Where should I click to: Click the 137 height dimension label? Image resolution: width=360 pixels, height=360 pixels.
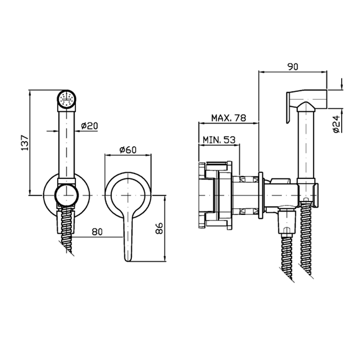click(25, 143)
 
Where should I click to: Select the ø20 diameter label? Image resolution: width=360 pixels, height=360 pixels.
click(90, 126)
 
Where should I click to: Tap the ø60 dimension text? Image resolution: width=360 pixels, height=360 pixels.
click(128, 150)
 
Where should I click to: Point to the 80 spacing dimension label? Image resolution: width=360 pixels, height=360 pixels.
click(97, 232)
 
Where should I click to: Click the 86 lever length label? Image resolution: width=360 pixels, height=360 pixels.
click(159, 228)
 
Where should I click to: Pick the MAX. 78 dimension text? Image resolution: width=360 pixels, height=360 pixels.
click(228, 118)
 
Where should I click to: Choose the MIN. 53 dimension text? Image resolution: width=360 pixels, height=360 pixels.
click(219, 140)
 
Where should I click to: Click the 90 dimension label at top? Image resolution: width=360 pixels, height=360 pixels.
click(293, 66)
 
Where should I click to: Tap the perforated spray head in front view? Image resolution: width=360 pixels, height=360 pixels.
click(66, 99)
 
